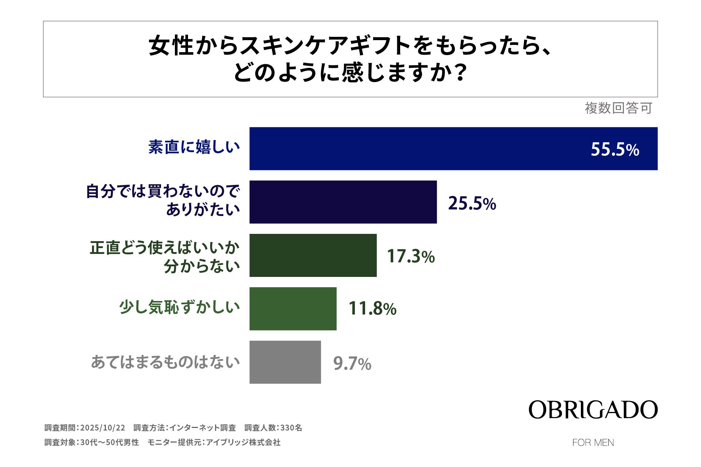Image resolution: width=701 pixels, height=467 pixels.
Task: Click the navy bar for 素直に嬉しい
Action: click(453, 148)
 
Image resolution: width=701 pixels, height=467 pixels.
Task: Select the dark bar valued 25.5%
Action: click(343, 202)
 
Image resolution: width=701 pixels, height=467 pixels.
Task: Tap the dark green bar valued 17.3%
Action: click(313, 255)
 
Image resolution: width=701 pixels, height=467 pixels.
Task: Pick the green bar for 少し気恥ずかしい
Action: click(293, 309)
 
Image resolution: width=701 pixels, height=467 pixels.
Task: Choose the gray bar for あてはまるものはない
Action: click(285, 362)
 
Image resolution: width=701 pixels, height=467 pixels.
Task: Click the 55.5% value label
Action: click(615, 150)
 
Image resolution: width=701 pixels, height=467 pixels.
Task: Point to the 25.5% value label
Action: click(472, 203)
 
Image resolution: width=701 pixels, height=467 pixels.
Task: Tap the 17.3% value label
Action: click(411, 256)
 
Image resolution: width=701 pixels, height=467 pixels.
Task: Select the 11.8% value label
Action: click(372, 309)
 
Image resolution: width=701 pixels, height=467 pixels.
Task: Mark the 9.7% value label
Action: click(352, 364)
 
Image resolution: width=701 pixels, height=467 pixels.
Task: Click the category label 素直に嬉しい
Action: click(194, 147)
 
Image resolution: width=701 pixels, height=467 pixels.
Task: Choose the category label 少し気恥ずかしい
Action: click(179, 308)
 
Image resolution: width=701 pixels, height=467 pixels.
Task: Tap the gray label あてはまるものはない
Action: click(165, 362)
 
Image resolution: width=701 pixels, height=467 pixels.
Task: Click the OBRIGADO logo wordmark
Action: click(593, 410)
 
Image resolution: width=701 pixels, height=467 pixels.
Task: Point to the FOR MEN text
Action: click(593, 443)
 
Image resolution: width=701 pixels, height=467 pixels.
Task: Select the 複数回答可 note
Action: click(618, 108)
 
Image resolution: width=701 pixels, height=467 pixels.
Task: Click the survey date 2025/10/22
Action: click(103, 428)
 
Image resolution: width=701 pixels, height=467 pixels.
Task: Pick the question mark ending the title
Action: click(461, 73)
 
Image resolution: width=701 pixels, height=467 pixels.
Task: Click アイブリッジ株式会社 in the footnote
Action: click(243, 442)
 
